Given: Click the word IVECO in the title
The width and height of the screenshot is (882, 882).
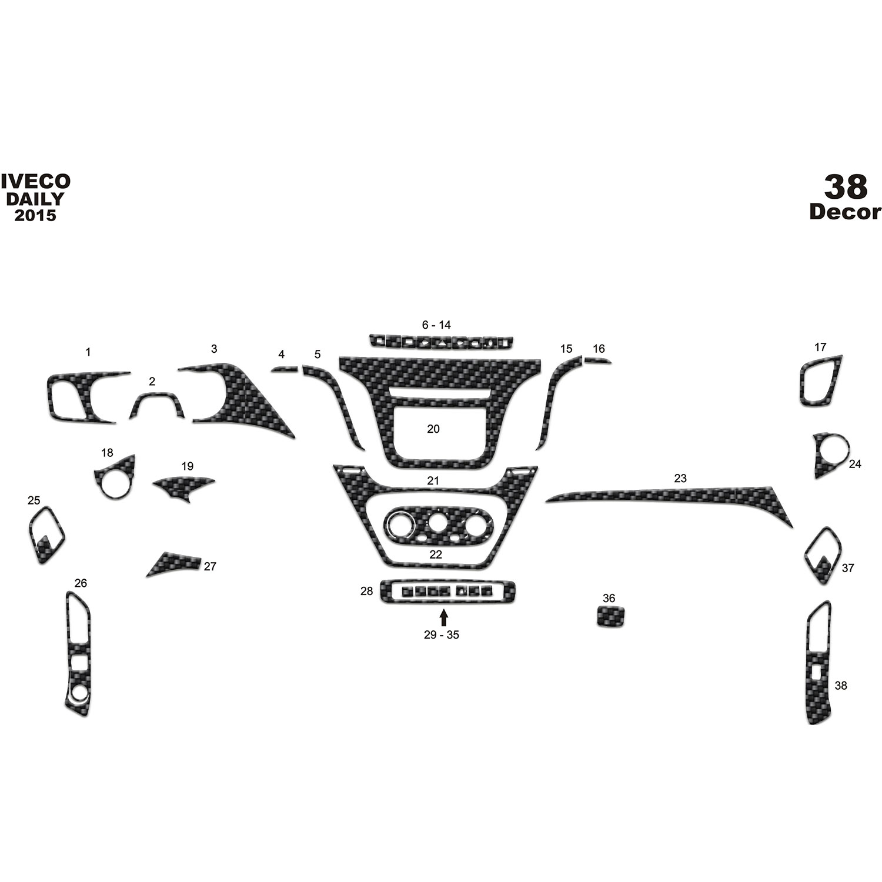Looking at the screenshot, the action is (x=35, y=182).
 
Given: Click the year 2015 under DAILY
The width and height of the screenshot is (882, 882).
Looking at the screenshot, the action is (x=35, y=215).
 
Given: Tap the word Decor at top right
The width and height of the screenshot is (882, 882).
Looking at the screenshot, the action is (x=846, y=212).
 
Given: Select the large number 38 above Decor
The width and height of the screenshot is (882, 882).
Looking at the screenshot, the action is (x=846, y=186).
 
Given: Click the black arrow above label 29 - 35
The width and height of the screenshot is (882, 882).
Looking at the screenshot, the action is (x=443, y=617).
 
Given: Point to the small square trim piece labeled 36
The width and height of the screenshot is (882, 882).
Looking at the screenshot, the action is (x=610, y=617).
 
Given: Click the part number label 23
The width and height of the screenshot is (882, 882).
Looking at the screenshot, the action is (x=680, y=479).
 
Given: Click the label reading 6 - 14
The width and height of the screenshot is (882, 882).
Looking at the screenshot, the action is (x=436, y=325).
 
